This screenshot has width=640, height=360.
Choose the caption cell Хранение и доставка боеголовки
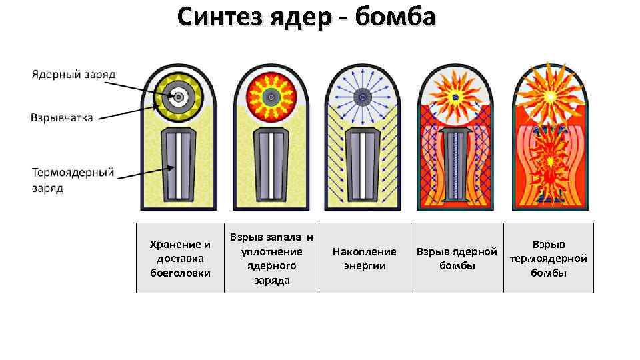click(180, 258)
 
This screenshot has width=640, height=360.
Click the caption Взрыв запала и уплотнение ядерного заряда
click(271, 258)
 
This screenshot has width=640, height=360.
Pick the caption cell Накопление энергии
click(364, 258)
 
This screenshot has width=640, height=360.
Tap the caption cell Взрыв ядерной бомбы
click(457, 258)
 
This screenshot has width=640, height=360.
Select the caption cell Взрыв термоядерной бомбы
click(549, 258)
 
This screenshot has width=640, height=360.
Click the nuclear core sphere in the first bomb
click(179, 97)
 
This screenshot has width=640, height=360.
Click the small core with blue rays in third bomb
click(363, 97)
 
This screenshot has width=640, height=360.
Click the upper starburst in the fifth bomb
click(549, 93)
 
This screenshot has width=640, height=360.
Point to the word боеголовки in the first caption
click(180, 273)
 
